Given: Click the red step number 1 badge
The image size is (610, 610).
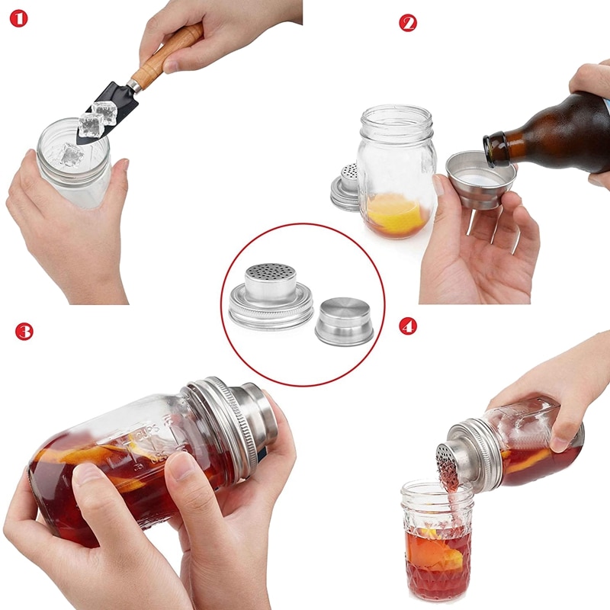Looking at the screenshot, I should [x=18, y=18].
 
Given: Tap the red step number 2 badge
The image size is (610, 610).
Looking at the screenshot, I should [x=408, y=23].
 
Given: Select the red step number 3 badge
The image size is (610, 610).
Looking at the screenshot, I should [x=24, y=331].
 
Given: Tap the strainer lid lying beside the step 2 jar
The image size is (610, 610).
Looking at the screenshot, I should [x=345, y=187].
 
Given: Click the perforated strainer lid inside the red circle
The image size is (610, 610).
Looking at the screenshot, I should [x=271, y=294].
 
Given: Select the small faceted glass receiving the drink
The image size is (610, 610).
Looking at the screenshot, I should [x=438, y=541].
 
